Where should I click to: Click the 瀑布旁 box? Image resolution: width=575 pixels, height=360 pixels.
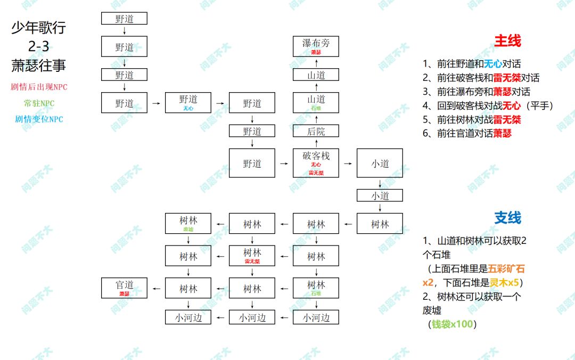pyautogui.click(x=316, y=46)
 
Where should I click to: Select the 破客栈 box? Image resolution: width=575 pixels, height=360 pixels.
pyautogui.click(x=316, y=162)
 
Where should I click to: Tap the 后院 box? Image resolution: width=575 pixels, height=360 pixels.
pyautogui.click(x=316, y=131)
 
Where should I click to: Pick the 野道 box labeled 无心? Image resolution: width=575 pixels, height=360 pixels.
pyautogui.click(x=188, y=102)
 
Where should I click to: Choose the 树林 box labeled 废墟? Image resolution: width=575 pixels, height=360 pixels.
pyautogui.click(x=188, y=224)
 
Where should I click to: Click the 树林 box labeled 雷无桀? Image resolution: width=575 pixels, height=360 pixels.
pyautogui.click(x=252, y=256)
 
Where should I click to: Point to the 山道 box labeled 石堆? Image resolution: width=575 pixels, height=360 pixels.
pyautogui.click(x=316, y=102)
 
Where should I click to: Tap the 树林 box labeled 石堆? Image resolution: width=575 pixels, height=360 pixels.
pyautogui.click(x=316, y=288)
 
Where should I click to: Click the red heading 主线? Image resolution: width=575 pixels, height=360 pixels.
pyautogui.click(x=507, y=41)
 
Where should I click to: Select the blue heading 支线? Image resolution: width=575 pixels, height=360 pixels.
pyautogui.click(x=507, y=218)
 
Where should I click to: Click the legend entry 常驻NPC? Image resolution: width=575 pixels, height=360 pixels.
pyautogui.click(x=39, y=103)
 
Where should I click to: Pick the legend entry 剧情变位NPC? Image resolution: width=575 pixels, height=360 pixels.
pyautogui.click(x=39, y=119)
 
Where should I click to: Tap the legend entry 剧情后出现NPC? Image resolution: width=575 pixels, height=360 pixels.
pyautogui.click(x=39, y=87)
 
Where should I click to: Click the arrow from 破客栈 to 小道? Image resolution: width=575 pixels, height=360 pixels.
pyautogui.click(x=348, y=163)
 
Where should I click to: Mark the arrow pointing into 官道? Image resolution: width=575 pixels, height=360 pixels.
pyautogui.click(x=156, y=288)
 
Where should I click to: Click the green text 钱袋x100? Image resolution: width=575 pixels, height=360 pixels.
pyautogui.click(x=452, y=324)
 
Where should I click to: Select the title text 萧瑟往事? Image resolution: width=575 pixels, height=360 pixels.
pyautogui.click(x=39, y=66)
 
